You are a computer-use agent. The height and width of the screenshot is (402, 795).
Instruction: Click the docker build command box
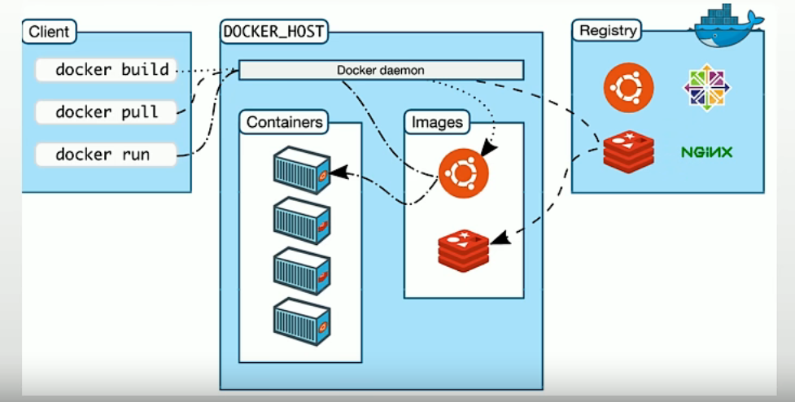(106, 70)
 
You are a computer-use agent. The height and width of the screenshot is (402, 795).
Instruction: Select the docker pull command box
(106, 111)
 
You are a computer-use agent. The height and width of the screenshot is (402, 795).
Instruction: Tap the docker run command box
(106, 154)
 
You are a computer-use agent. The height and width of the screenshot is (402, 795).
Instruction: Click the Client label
(49, 33)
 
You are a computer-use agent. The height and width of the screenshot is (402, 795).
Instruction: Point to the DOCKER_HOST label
(273, 33)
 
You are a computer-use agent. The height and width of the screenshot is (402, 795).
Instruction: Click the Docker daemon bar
(381, 71)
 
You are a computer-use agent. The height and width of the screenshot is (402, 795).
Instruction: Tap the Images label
(437, 123)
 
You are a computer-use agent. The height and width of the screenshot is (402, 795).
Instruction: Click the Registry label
(606, 31)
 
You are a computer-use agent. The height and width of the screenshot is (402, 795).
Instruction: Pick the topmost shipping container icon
(301, 169)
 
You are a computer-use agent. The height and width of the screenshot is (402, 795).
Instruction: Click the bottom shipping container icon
(301, 321)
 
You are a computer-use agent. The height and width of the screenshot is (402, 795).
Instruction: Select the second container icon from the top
(301, 220)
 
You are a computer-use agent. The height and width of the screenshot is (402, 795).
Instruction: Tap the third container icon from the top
(301, 271)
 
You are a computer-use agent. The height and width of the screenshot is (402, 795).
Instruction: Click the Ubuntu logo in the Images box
(463, 173)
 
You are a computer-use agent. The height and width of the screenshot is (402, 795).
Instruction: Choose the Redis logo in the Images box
(463, 248)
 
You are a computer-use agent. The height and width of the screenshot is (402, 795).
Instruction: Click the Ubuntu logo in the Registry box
(628, 87)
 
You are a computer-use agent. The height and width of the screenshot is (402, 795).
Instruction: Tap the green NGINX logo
(707, 152)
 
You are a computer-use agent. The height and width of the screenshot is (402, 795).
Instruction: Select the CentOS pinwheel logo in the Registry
(707, 87)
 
